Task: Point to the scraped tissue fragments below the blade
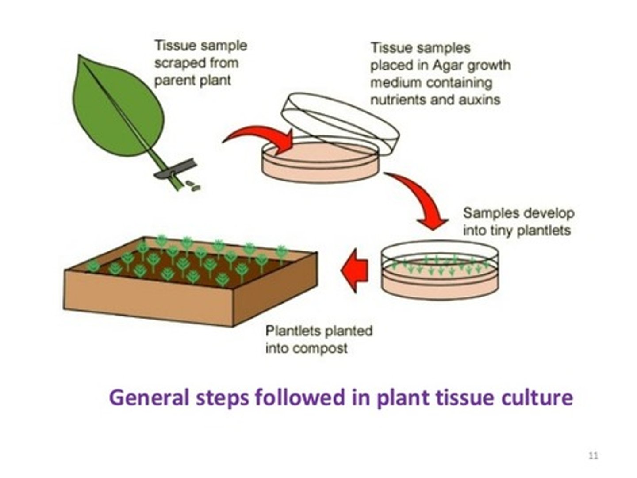point(193,186)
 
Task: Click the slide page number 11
point(593,455)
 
